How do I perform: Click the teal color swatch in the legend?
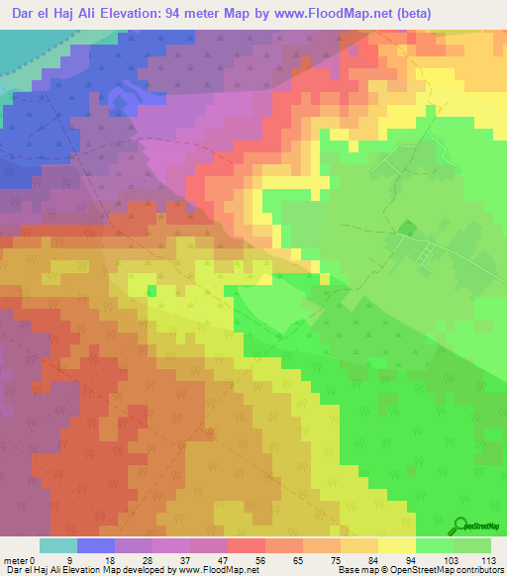pyautogui.click(x=57, y=545)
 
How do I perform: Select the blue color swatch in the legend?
pyautogui.click(x=95, y=545)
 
